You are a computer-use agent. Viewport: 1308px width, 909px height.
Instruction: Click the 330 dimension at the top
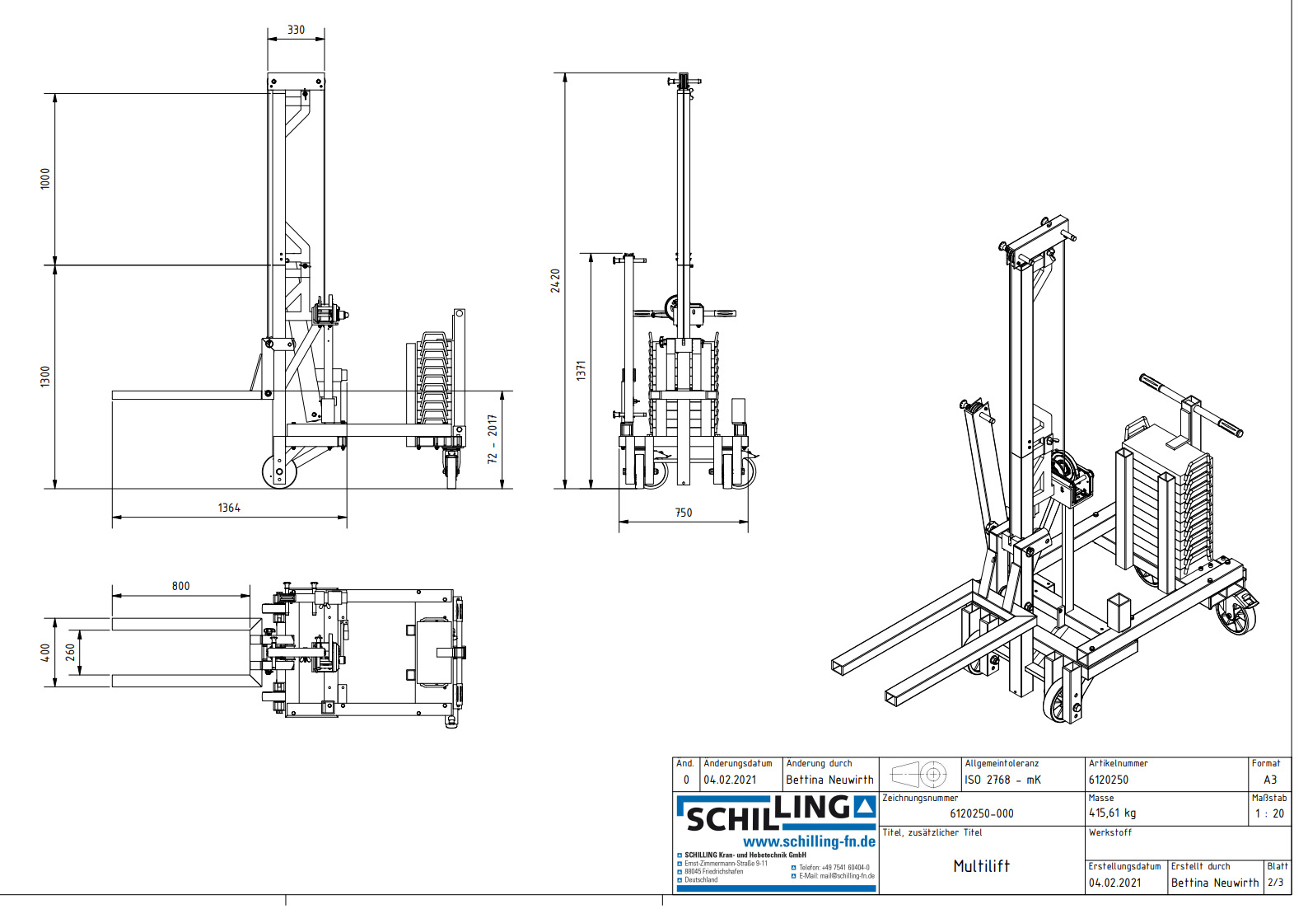[x=296, y=30]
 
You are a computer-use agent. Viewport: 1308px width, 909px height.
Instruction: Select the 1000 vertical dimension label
[x=45, y=178]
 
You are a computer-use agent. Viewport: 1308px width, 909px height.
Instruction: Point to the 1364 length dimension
[x=229, y=508]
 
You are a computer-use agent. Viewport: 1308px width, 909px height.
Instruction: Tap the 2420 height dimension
[x=556, y=280]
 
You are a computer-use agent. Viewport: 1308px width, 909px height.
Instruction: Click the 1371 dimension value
[x=582, y=370]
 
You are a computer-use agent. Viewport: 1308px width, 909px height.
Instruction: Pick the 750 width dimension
[x=684, y=513]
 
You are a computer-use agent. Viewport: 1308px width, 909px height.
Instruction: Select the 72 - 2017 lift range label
[x=493, y=439]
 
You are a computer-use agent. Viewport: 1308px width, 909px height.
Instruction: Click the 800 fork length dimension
[x=180, y=586]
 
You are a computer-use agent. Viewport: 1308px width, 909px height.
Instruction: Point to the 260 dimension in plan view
[x=71, y=652]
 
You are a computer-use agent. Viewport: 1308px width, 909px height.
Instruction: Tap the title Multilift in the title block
[x=981, y=865]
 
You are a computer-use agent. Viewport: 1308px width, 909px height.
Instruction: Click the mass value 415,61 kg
[x=1112, y=813]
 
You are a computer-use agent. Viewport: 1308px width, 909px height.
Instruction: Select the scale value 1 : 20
[x=1269, y=813]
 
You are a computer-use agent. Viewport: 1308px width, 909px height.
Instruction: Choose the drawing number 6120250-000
[x=981, y=813]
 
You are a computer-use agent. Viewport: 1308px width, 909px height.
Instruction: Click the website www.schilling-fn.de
[x=809, y=841]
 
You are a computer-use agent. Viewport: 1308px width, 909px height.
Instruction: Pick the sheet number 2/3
[x=1275, y=883]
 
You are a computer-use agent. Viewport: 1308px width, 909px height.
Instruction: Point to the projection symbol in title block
[x=919, y=775]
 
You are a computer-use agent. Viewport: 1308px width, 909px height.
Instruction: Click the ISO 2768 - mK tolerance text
[x=1002, y=780]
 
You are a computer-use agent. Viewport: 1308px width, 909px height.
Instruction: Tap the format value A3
[x=1270, y=780]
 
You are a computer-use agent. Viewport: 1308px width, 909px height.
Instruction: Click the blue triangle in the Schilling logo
[x=864, y=807]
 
